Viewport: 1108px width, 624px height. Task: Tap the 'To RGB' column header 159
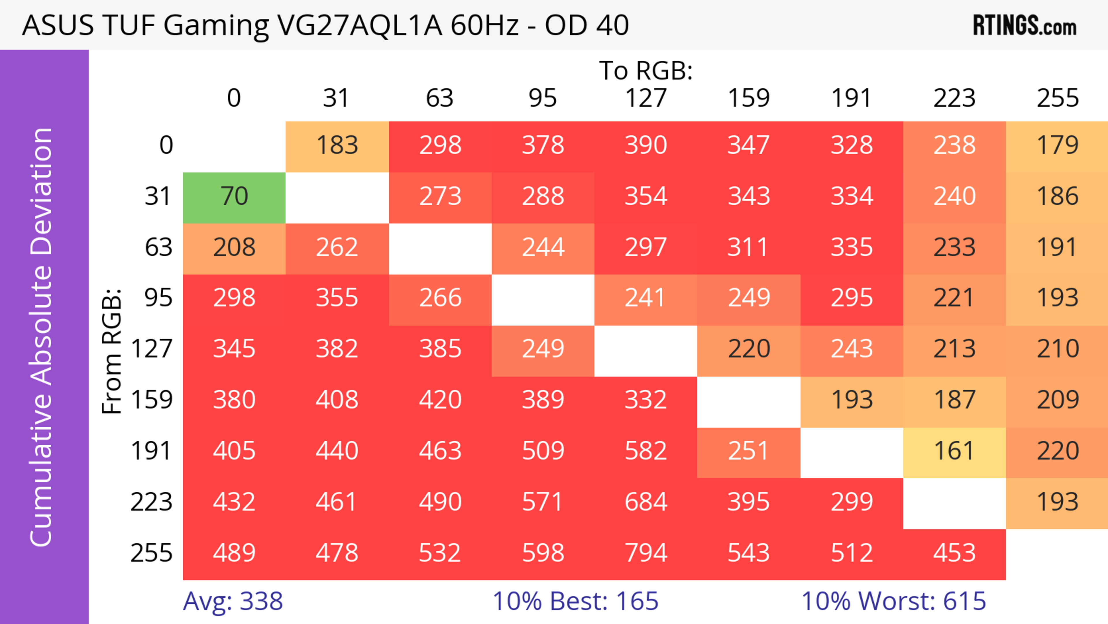(748, 98)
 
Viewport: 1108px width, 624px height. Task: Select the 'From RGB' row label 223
(151, 502)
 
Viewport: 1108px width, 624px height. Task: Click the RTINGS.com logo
(1025, 26)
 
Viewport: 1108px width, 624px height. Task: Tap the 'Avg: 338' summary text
(233, 601)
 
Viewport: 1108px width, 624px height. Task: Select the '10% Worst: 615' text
(893, 601)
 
